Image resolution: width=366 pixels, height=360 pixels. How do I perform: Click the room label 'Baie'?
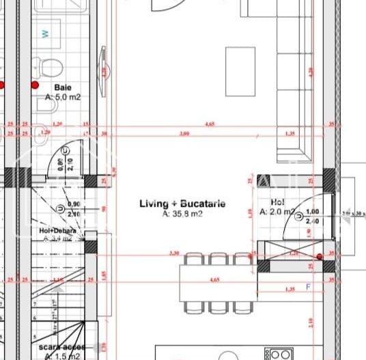[62, 88]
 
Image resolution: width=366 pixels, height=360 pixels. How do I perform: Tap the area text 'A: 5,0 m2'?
[63, 98]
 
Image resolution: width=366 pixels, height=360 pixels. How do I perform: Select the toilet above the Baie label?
[48, 68]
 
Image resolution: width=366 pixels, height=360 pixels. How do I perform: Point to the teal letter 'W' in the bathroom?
[46, 34]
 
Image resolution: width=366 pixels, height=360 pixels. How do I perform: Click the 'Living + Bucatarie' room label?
[182, 204]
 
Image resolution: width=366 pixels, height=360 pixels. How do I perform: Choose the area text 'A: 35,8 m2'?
[182, 214]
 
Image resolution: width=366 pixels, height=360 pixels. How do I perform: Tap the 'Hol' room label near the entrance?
[277, 202]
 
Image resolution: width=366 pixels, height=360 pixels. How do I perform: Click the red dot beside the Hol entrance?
[320, 257]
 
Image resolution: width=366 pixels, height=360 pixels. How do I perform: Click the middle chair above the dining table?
[218, 259]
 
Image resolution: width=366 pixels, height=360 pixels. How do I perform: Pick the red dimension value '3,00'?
[184, 134]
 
